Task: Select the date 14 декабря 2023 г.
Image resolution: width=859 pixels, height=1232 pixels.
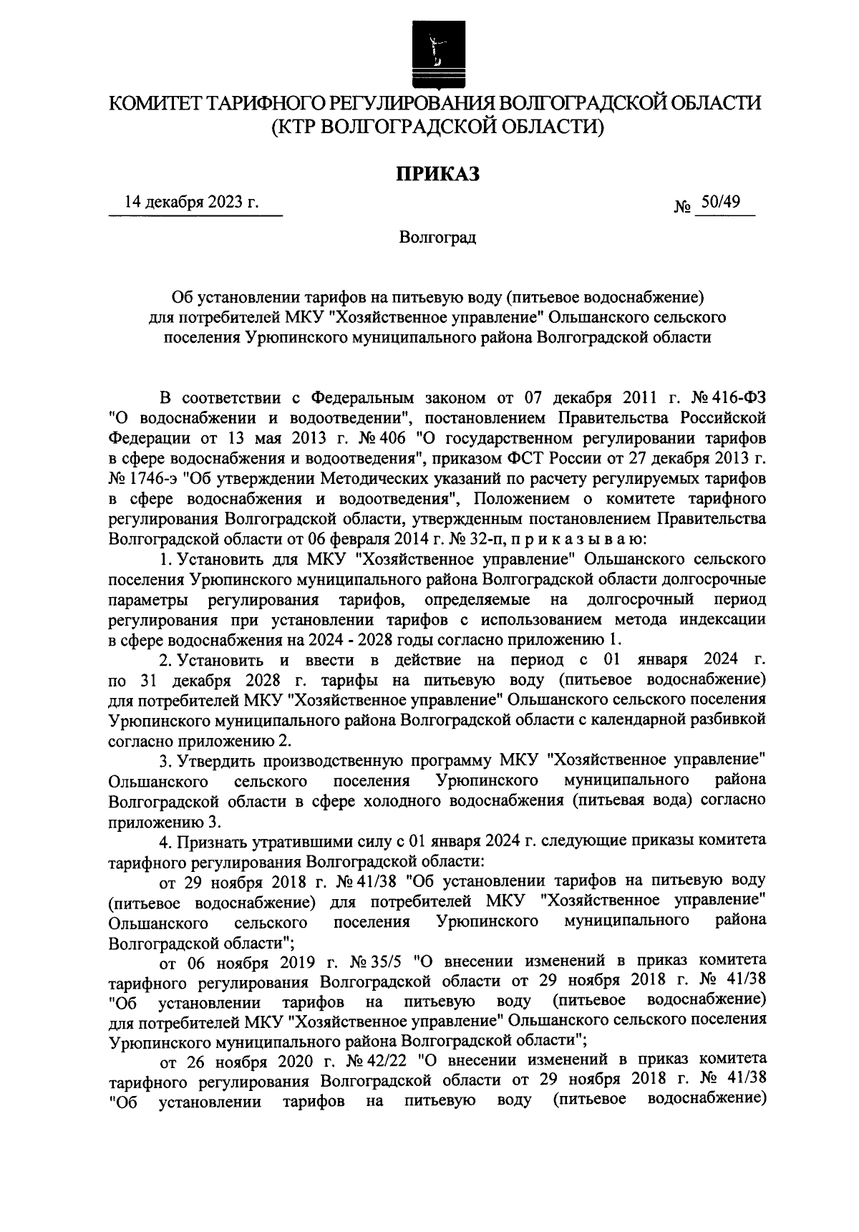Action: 192,204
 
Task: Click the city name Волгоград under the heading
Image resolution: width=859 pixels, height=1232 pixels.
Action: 437,237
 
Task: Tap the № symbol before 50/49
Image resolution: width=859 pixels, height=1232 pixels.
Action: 682,207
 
